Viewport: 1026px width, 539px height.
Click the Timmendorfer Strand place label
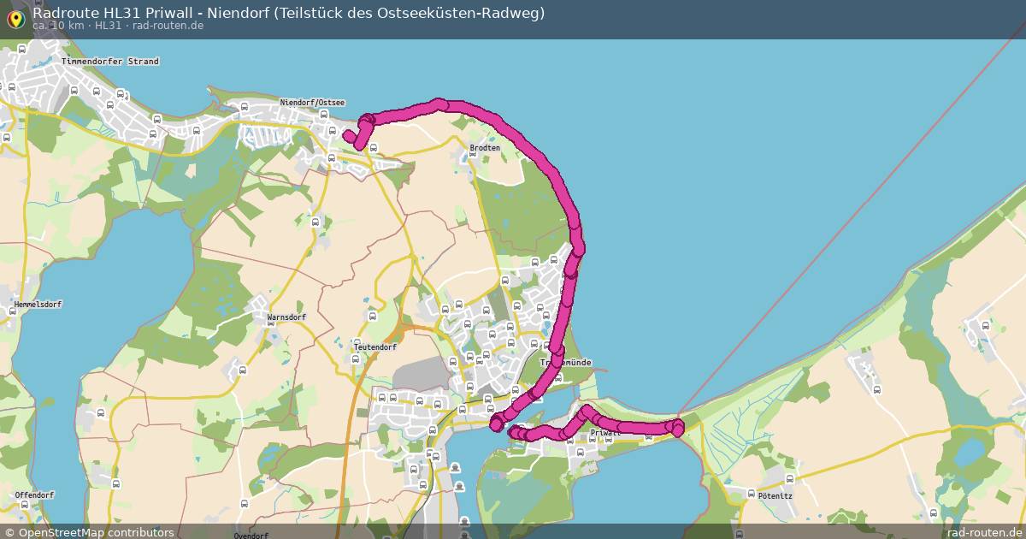pyautogui.click(x=110, y=62)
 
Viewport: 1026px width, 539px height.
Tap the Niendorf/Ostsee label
pyautogui.click(x=312, y=103)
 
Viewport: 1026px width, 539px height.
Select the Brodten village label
pyautogui.click(x=485, y=148)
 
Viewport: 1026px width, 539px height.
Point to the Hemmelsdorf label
pyautogui.click(x=38, y=305)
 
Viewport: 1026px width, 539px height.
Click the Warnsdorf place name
pyautogui.click(x=286, y=317)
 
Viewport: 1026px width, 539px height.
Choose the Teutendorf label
pyautogui.click(x=375, y=347)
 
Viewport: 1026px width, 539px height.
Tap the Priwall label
pyautogui.click(x=605, y=433)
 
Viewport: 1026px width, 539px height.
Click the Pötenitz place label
pyautogui.click(x=764, y=495)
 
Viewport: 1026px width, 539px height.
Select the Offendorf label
pyautogui.click(x=34, y=495)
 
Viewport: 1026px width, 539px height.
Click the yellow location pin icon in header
pyautogui.click(x=15, y=19)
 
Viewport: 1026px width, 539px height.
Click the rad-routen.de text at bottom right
pyautogui.click(x=985, y=532)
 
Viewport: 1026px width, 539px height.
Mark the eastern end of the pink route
pyautogui.click(x=678, y=426)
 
